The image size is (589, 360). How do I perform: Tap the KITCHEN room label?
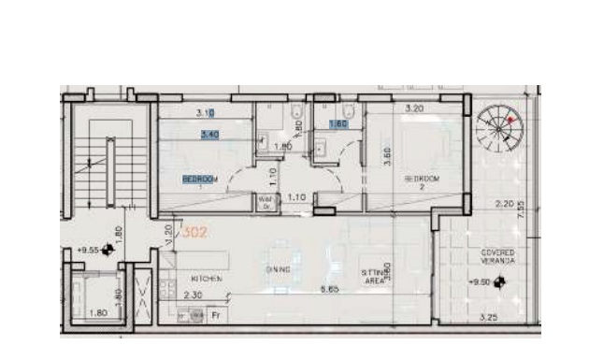206,279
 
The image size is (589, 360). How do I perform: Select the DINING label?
278,269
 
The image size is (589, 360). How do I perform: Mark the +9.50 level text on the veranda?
481,281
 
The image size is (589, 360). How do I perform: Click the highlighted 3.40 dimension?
210,135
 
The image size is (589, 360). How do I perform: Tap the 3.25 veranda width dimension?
486,318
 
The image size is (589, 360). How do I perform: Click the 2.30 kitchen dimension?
194,295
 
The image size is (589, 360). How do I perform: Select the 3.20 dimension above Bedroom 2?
415,109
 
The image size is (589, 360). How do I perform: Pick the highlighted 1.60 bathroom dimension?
338,123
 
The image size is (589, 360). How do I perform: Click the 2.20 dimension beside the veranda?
504,204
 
